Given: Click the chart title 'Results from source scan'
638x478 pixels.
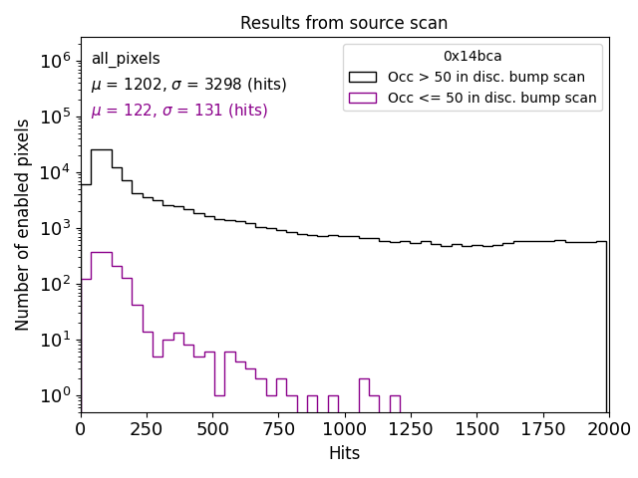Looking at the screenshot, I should click(344, 23).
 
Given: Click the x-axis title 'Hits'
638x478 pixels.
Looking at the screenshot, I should click(344, 454).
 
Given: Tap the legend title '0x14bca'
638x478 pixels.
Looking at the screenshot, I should click(473, 57).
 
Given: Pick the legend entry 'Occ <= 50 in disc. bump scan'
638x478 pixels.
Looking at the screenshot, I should click(491, 98).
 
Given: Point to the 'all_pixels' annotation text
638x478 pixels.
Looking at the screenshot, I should click(126, 59).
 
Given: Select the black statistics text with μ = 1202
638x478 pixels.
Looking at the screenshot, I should click(188, 85).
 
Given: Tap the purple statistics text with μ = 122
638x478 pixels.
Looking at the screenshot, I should click(179, 111).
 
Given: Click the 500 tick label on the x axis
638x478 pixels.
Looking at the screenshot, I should click(212, 428).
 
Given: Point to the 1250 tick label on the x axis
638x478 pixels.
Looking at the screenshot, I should click(410, 428).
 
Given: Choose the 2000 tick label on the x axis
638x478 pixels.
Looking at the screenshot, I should click(607, 428).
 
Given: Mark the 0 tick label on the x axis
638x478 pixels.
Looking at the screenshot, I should click(81, 428).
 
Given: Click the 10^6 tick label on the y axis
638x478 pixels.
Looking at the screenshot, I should click(54, 61).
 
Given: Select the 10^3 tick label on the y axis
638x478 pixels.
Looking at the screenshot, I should click(54, 228).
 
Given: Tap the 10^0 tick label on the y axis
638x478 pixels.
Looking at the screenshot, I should click(54, 395).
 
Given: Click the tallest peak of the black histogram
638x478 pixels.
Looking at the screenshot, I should click(102, 150).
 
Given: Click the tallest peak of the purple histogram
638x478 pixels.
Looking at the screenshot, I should click(102, 253).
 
